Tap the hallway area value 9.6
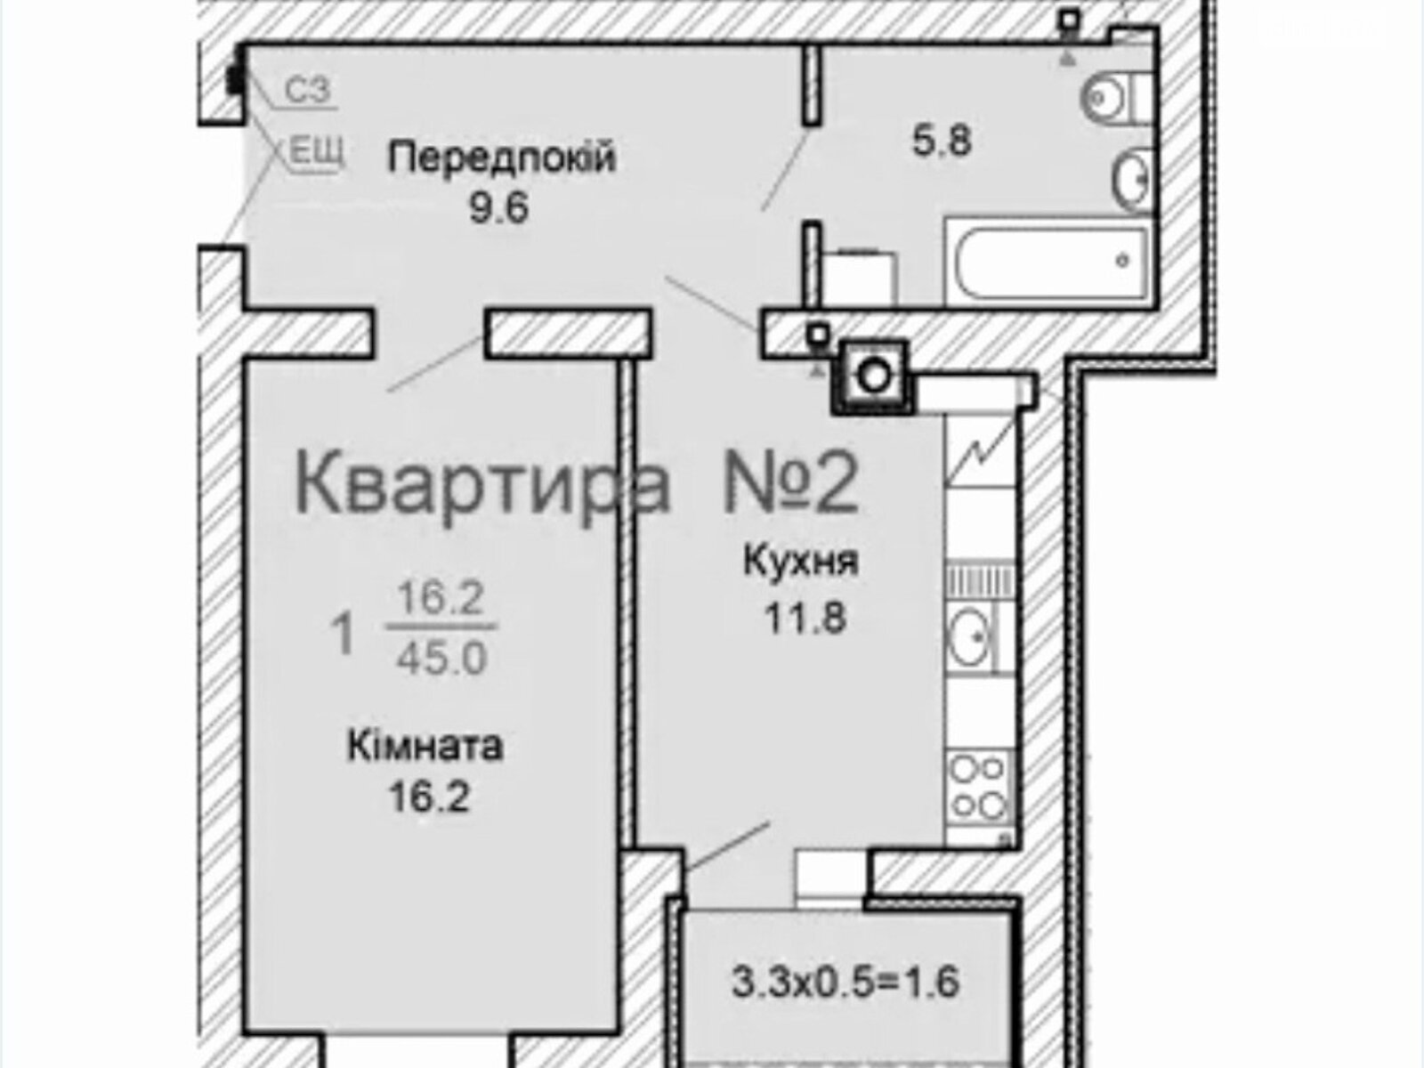(500, 209)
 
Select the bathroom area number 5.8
(942, 141)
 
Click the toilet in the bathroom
(1112, 97)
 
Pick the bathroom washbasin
(1134, 180)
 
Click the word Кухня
(800, 562)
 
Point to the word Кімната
(425, 746)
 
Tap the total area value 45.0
(441, 659)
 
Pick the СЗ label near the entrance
(307, 89)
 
